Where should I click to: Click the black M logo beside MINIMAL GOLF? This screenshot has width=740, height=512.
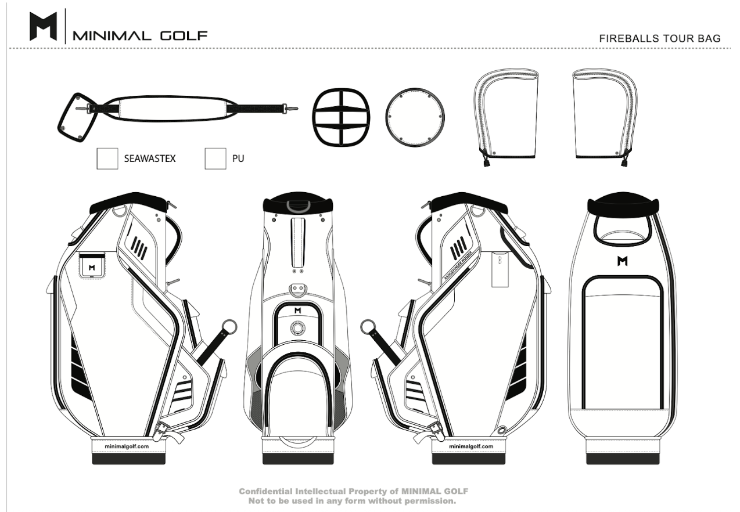[x=43, y=27]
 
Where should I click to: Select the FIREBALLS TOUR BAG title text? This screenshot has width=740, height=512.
[x=660, y=38]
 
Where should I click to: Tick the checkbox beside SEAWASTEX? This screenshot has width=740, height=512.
[x=107, y=158]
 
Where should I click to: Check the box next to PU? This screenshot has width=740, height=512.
[x=215, y=158]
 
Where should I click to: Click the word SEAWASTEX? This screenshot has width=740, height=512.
[x=150, y=158]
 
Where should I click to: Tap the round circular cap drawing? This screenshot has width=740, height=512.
[x=415, y=118]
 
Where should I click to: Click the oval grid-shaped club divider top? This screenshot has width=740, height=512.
[x=341, y=118]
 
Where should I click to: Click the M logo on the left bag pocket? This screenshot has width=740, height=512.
[x=92, y=268]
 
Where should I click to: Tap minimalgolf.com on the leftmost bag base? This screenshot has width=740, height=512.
[x=126, y=446]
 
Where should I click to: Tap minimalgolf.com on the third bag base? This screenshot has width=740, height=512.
[x=470, y=446]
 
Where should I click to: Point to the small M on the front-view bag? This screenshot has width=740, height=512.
[x=298, y=311]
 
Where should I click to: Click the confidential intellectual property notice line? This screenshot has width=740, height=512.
[x=353, y=491]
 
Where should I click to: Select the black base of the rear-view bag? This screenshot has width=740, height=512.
[x=623, y=459]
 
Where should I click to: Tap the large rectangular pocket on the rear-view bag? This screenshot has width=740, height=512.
[x=623, y=342]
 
